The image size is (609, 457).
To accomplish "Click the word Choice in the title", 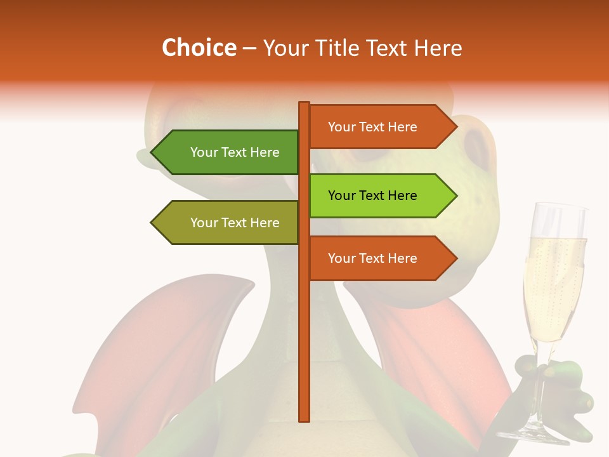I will tap(199, 48).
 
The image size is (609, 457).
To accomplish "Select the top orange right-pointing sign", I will tap(374, 127).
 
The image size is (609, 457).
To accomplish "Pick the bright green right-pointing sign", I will tap(374, 195).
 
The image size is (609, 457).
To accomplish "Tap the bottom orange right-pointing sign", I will tap(374, 258).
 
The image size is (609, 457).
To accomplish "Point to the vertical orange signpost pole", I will tap(304, 317).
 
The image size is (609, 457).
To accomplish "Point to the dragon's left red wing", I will tap(159, 355).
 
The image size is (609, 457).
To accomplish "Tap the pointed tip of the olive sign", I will tap(153, 223).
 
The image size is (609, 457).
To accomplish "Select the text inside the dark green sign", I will tap(235, 152).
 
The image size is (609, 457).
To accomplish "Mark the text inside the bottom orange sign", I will tap(372, 258).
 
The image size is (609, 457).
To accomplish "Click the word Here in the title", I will tap(438, 48).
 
